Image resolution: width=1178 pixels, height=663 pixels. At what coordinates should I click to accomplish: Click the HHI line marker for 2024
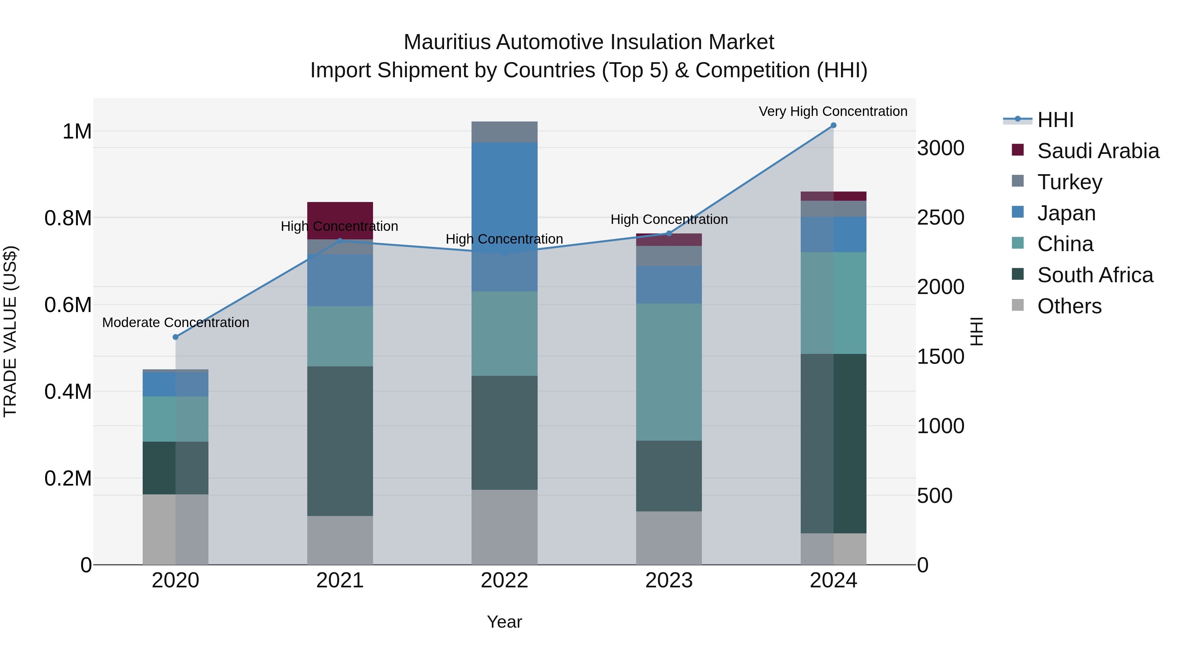(x=833, y=125)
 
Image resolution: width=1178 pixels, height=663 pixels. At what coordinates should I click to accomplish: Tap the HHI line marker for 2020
(x=176, y=337)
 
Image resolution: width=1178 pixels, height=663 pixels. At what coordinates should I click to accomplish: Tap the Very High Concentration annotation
(x=833, y=112)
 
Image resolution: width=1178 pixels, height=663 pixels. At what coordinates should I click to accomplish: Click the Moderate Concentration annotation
(x=176, y=322)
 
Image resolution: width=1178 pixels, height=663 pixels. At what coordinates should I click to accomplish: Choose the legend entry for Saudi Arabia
(x=1098, y=151)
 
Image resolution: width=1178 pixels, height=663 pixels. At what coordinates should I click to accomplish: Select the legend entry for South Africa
(x=1095, y=275)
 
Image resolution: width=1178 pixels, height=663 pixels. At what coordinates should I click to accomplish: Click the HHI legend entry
(x=1055, y=120)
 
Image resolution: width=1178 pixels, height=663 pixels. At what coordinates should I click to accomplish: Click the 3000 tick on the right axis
(x=941, y=148)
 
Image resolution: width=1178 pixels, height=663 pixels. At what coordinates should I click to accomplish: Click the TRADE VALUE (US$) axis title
(x=10, y=331)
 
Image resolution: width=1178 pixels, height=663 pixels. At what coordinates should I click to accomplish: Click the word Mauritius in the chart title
(x=447, y=42)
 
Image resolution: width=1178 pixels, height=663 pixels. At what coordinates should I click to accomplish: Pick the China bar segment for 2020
(x=176, y=419)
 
